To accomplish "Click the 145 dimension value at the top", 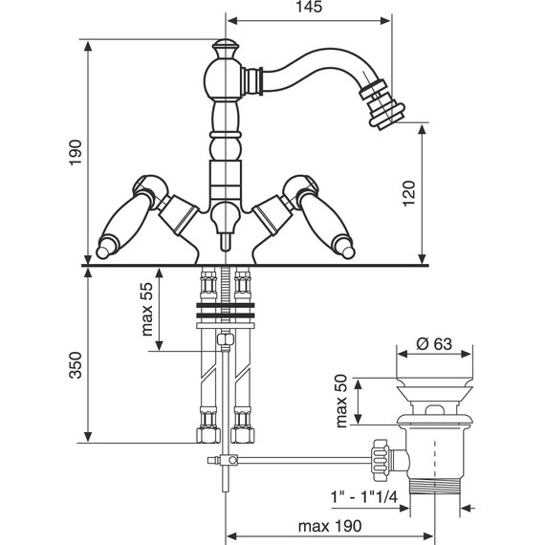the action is coord(309,7).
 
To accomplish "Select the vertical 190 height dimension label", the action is coord(76,153).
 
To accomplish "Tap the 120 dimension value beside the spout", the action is coord(409,193).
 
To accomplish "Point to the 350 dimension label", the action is coord(76,365).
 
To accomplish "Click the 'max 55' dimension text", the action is coord(147,310).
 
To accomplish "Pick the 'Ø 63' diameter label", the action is coord(434,344).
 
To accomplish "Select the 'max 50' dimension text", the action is coord(341,401).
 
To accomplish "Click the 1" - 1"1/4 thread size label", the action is coord(363,498).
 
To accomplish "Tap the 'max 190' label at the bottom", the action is coord(330,526).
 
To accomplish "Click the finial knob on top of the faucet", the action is coord(226,49).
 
